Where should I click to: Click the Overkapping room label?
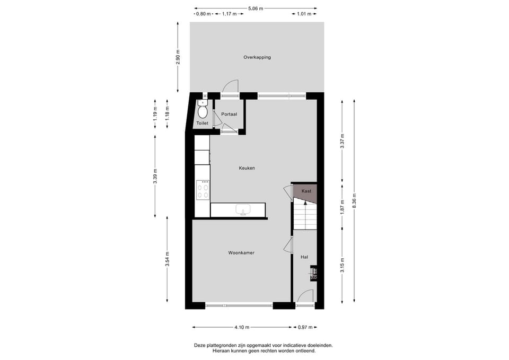click(x=257, y=57)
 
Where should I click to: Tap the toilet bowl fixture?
click(x=202, y=112)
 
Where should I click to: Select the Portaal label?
click(x=229, y=114)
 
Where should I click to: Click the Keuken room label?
click(x=247, y=168)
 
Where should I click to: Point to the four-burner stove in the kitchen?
click(x=203, y=190)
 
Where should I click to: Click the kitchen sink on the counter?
click(x=243, y=210)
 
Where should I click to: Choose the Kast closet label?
click(x=306, y=191)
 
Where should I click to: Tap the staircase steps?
click(x=305, y=216)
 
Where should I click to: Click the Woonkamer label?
click(x=241, y=253)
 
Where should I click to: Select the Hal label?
click(x=304, y=257)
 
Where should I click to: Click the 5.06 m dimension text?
click(x=256, y=8)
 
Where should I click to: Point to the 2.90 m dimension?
click(x=178, y=57)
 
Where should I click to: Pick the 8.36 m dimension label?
click(x=355, y=201)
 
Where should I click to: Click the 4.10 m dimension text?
click(x=242, y=327)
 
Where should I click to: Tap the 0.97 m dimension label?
click(x=305, y=327)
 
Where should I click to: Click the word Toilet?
click(x=202, y=123)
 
